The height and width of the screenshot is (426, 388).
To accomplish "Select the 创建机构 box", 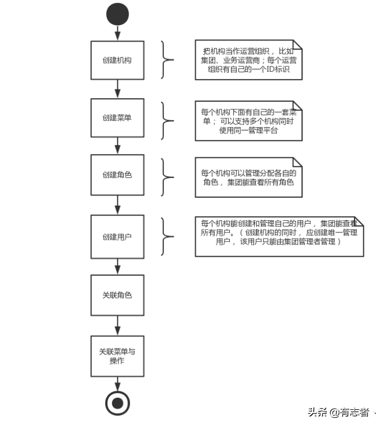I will click(x=117, y=60).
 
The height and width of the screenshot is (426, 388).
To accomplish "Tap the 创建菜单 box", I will click(x=117, y=118).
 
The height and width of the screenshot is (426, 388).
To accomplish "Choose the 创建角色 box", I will click(x=117, y=175).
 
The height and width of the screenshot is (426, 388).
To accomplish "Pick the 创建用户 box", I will click(x=117, y=236).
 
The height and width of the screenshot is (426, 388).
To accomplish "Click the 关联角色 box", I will click(x=117, y=295).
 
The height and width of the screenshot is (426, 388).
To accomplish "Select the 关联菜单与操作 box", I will click(x=117, y=355).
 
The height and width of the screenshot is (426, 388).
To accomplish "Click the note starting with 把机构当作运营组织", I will click(x=248, y=60).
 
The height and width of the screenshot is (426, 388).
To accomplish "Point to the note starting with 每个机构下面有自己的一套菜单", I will click(x=248, y=121).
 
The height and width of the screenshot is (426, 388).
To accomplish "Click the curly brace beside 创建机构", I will click(x=167, y=60).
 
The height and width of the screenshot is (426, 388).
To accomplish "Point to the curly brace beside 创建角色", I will click(x=167, y=176).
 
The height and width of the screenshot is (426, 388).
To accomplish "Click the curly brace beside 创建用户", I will click(x=167, y=236).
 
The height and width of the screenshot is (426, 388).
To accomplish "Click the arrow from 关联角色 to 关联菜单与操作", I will click(x=118, y=325).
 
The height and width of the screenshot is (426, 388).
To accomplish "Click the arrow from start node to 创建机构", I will click(x=118, y=33).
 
